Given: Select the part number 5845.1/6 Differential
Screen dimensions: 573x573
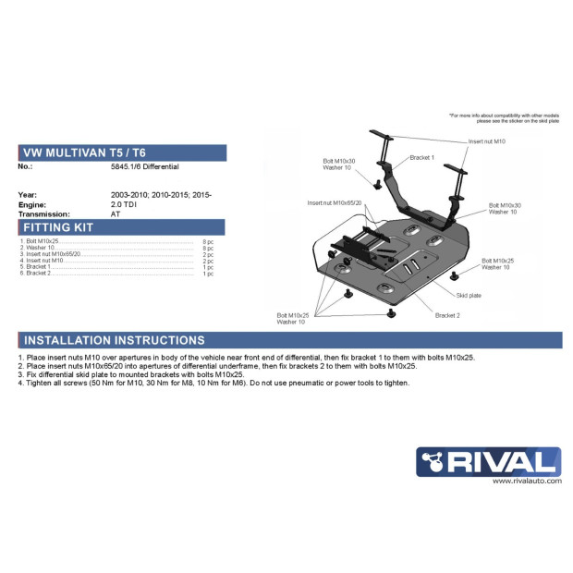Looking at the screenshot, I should point(144,167).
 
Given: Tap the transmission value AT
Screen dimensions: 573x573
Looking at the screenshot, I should point(116,213).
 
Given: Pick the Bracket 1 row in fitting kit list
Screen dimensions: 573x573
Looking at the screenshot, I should point(38,267).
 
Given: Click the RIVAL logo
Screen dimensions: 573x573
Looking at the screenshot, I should point(488,461).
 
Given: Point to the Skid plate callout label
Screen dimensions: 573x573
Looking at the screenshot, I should point(468,295).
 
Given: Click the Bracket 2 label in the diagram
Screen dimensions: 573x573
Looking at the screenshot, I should point(447,315).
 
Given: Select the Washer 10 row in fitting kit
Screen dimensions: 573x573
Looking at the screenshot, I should point(38,247).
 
